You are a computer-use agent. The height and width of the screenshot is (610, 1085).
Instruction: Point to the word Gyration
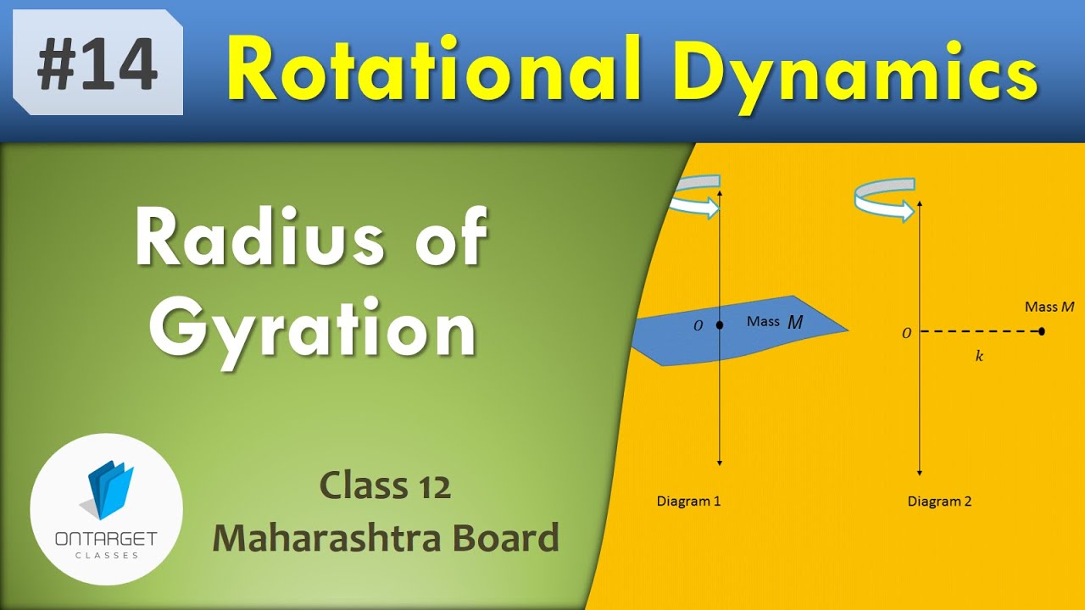coord(313,330)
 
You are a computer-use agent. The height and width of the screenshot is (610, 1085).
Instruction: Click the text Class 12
coord(385,486)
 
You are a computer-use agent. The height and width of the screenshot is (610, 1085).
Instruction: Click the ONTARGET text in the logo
coord(106,540)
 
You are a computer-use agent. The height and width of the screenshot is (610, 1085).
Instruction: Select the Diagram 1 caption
coord(688,501)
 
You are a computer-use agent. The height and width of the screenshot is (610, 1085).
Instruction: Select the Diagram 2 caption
coord(939,501)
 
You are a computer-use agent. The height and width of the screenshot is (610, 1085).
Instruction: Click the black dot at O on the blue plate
coord(720,324)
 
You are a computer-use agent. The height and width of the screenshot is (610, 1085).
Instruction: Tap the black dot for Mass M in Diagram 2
coord(1041,331)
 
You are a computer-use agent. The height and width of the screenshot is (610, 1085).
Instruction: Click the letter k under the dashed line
coord(979,357)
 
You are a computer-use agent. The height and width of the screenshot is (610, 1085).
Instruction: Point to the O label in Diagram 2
coord(906,334)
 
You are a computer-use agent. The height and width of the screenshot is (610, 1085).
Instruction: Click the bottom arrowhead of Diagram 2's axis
coord(920,471)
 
